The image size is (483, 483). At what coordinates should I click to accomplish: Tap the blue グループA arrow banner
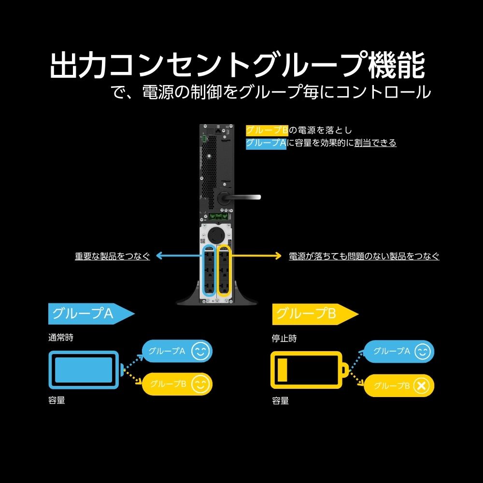[x=87, y=314]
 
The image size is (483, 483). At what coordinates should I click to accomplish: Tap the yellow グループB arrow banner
[x=312, y=314]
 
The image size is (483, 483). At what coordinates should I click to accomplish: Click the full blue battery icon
[x=83, y=370]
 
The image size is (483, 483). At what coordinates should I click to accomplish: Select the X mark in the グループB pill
[x=422, y=385]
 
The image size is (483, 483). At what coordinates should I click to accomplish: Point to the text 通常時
[x=61, y=338]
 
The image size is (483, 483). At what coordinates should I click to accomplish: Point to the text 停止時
[x=284, y=338]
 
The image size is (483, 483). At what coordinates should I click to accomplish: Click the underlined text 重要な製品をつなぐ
[x=112, y=256]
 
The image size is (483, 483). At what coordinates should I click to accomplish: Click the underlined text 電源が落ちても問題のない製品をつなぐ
[x=364, y=256]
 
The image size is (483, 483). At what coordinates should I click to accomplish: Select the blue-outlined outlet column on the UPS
[x=209, y=270]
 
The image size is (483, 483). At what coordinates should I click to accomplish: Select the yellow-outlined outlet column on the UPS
[x=225, y=270]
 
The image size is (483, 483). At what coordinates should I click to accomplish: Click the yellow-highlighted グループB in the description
[x=267, y=130]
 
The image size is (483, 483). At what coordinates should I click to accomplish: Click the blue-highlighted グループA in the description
[x=266, y=143]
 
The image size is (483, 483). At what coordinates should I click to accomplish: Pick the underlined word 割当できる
[x=375, y=143]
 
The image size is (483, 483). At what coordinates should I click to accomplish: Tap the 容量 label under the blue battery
[x=57, y=400]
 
